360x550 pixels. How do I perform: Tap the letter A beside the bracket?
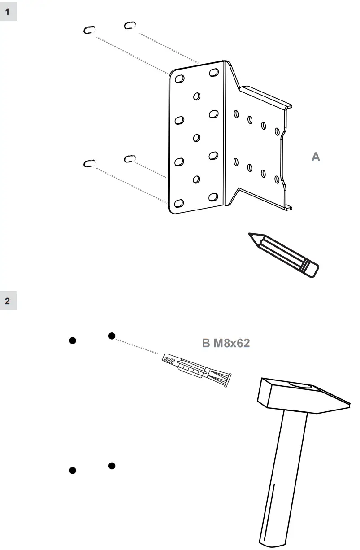316,157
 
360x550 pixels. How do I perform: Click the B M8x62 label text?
226,344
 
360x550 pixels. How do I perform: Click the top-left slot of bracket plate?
179,79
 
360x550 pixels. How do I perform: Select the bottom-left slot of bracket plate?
179,203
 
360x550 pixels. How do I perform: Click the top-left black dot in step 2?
72,340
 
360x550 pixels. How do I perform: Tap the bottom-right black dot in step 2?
112,466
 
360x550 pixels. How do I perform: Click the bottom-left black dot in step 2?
72,470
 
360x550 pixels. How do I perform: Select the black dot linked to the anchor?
112,336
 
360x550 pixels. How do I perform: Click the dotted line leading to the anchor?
137,346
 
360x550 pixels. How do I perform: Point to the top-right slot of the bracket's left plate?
214,72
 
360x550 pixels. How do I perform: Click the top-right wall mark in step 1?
130,26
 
